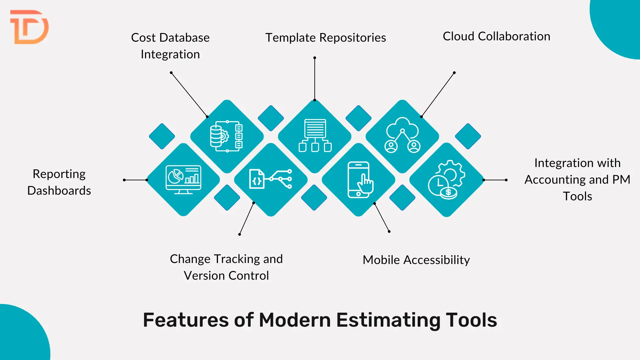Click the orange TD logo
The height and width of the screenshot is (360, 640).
tap(29, 27)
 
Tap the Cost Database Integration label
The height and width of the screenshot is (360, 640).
tap(170, 46)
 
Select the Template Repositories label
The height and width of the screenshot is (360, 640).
tap(325, 38)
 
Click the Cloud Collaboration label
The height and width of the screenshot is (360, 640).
tap(496, 36)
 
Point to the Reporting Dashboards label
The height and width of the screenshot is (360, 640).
tap(59, 182)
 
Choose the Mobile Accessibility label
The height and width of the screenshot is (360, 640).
tap(416, 260)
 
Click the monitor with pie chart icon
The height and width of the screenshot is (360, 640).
tap(183, 180)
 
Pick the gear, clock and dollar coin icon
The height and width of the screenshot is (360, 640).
tap(446, 180)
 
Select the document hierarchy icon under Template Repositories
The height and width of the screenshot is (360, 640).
tap(315, 135)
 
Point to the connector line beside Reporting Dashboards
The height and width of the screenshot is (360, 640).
tap(135, 180)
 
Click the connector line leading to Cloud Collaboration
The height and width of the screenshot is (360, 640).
tap(438, 95)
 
